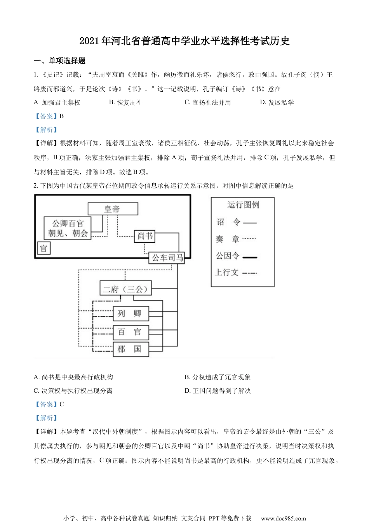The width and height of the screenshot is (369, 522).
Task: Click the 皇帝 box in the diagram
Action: pyautogui.click(x=113, y=209)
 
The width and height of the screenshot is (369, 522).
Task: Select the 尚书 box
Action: pyautogui.click(x=145, y=236)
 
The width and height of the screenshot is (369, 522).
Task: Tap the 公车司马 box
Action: pyautogui.click(x=167, y=258)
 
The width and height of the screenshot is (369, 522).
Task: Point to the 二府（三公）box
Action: pyautogui.click(x=125, y=289)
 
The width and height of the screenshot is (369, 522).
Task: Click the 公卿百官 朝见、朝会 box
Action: pyautogui.click(x=68, y=228)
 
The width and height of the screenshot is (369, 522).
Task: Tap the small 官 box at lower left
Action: pyautogui.click(x=44, y=248)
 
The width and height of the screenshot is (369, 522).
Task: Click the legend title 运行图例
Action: pyautogui.click(x=243, y=205)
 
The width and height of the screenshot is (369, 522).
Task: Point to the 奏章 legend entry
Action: pyautogui.click(x=235, y=239)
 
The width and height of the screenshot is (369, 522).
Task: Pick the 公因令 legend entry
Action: pyautogui.click(x=236, y=256)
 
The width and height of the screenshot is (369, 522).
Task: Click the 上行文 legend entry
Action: pyautogui.click(x=235, y=273)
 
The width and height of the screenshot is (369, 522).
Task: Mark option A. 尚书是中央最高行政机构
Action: pyautogui.click(x=73, y=377)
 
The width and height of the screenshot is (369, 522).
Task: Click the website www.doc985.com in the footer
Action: pyautogui.click(x=283, y=518)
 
